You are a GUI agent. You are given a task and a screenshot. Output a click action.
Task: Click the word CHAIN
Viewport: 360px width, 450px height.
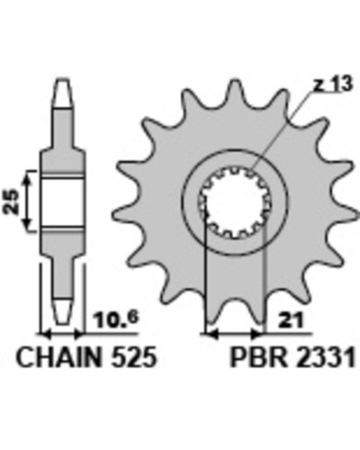[58, 357]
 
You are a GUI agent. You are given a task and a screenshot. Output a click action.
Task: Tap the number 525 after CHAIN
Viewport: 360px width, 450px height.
[134, 357]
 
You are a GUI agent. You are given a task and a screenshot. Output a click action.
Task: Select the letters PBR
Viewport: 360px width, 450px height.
[258, 358]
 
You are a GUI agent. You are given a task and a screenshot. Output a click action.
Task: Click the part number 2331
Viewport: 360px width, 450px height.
[326, 358]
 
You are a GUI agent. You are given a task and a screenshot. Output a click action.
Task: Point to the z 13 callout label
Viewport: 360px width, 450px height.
[333, 85]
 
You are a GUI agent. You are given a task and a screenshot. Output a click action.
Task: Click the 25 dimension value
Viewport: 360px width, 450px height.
[11, 201]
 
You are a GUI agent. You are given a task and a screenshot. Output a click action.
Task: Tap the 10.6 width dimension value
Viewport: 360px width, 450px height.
[115, 319]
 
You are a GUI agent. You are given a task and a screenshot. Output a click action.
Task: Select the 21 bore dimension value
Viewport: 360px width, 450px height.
[291, 321]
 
